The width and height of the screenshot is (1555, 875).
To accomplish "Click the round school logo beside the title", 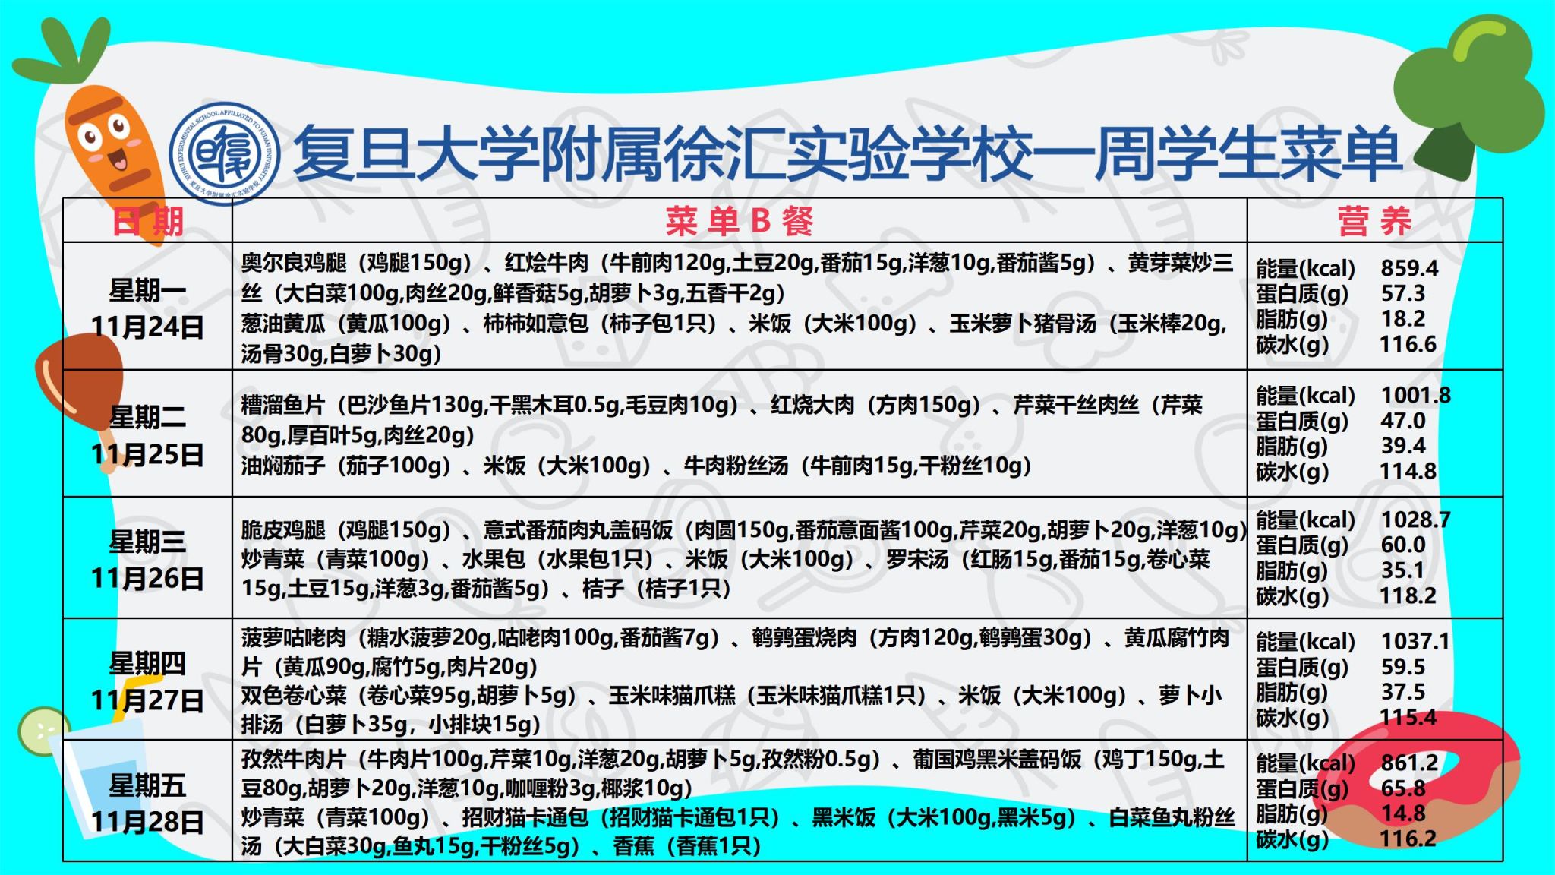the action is pos(225,153).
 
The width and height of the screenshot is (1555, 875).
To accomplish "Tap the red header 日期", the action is pos(148,221).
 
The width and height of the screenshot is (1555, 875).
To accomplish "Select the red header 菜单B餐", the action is pos(740,221).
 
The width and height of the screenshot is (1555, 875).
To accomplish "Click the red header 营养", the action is pos(1375,221).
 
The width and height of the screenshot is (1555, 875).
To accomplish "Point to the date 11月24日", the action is pos(147,327).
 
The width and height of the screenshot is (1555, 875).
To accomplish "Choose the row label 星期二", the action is pos(147,417).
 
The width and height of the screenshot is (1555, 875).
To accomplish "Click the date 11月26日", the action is pos(147,579).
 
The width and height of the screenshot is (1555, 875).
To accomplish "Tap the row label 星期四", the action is pos(147,664).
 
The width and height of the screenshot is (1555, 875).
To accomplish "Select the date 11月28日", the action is pos(147,822).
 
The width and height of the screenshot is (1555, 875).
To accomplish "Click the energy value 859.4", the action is pos(1409,268).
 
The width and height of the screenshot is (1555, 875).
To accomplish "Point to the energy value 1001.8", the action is pos(1415,395).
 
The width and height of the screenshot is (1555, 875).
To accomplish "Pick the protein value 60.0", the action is pos(1403,545).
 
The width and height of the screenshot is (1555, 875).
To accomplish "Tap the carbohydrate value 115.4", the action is pos(1408,717).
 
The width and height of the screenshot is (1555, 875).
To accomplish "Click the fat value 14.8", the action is pos(1403,813).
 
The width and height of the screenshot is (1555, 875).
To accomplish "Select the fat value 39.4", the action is pos(1403,446).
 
